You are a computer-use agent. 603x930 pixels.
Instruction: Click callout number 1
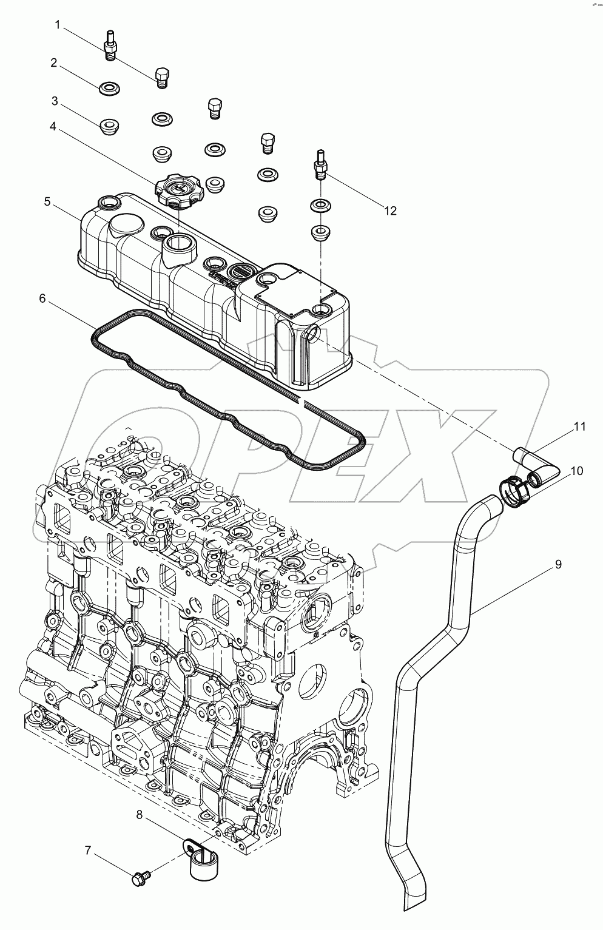[x=58, y=25]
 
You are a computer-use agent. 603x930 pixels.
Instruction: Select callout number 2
[x=54, y=62]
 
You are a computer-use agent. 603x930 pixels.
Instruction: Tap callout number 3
[x=54, y=100]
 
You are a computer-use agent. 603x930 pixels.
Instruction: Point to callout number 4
[x=53, y=127]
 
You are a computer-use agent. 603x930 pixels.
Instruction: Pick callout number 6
[x=42, y=299]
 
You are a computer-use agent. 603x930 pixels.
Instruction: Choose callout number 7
[x=88, y=851]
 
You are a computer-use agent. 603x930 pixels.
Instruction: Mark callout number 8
[x=140, y=815]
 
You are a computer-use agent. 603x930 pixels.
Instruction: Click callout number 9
[x=558, y=564]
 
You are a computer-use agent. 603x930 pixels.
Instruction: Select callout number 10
[x=576, y=471]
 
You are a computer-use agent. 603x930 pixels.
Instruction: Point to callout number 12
[x=389, y=211]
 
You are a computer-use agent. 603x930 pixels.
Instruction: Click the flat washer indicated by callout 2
[x=109, y=89]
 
